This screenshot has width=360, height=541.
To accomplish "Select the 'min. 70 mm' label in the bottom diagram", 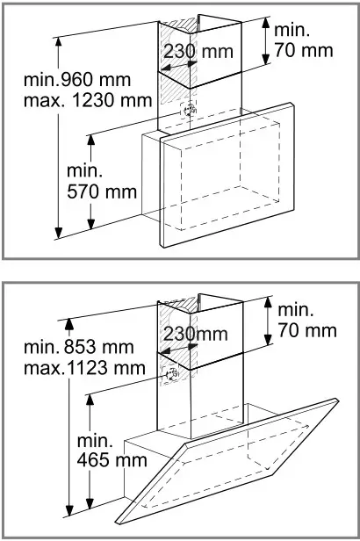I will coord(306,321).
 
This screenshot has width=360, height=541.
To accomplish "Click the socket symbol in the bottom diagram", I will coord(171,375).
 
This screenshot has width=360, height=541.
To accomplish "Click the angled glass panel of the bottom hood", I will coord(237,461).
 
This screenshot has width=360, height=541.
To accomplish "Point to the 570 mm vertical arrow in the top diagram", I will coord(92,181).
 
